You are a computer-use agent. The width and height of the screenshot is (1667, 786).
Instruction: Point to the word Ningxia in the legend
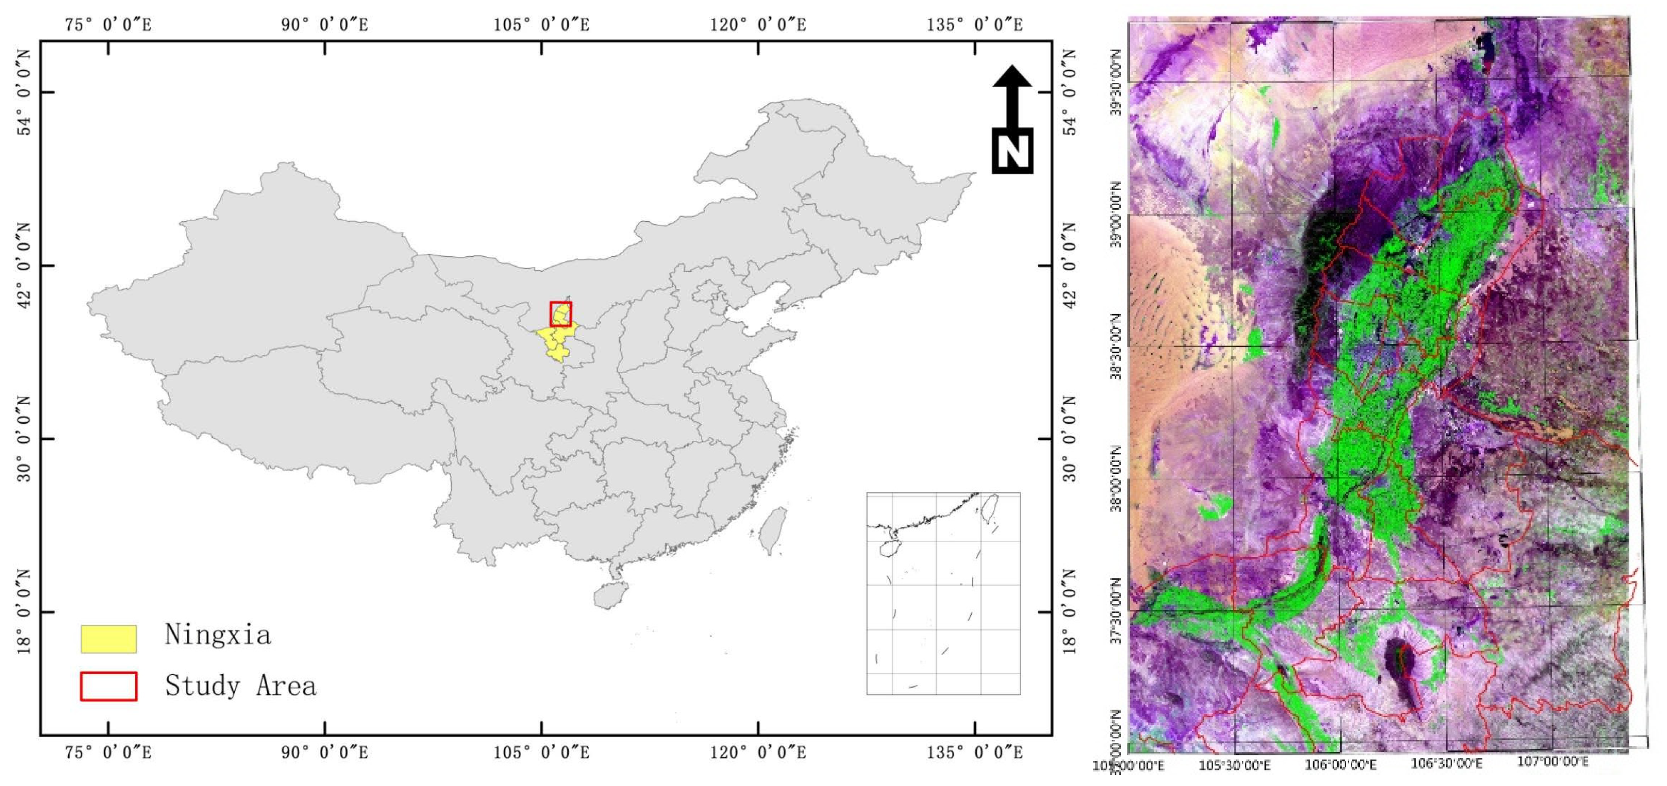click(x=217, y=635)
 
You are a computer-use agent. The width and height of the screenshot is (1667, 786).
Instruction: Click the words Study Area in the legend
click(x=241, y=686)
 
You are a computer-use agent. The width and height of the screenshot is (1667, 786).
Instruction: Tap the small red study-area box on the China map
click(x=560, y=314)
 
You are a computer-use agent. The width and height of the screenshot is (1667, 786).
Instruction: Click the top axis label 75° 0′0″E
click(x=108, y=25)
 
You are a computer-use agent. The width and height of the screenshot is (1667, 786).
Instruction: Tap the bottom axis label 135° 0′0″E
click(x=975, y=752)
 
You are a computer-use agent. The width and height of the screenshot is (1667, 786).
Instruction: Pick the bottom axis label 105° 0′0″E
click(x=541, y=752)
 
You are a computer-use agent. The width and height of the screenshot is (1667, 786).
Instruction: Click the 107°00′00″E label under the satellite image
click(x=1553, y=761)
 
